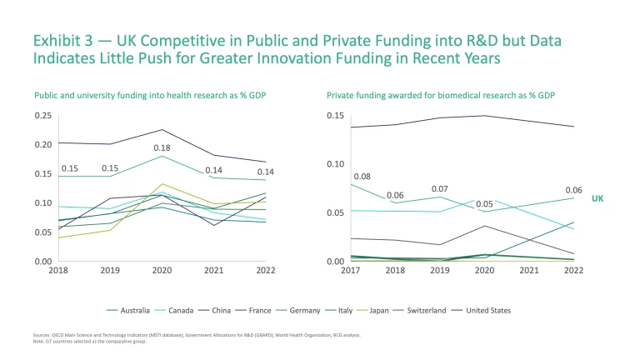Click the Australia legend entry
(x=134, y=311)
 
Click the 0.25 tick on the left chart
(x=41, y=115)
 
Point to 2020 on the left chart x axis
(x=162, y=270)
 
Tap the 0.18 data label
(x=162, y=147)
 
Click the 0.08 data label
(x=362, y=177)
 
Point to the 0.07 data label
(x=440, y=189)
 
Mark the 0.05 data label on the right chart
(x=484, y=204)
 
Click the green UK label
(x=597, y=199)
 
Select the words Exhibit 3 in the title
(x=62, y=40)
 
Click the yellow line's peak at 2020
(x=162, y=184)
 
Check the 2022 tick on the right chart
(x=574, y=270)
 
